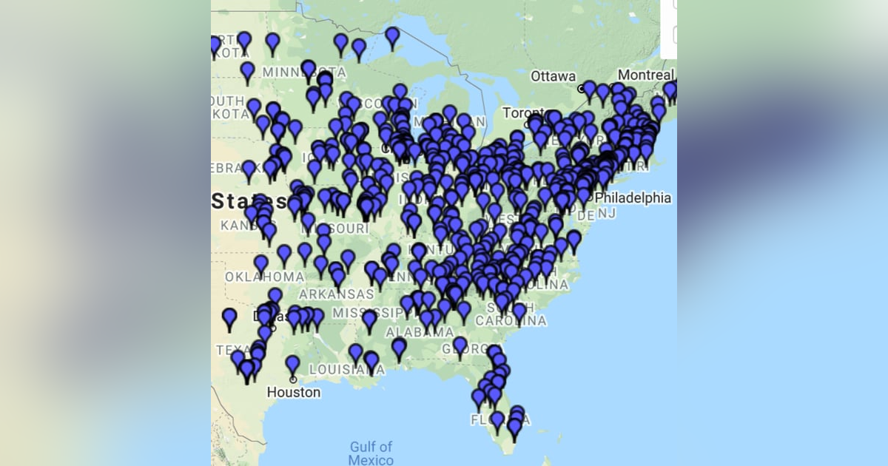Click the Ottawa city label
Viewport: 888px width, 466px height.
(x=553, y=76)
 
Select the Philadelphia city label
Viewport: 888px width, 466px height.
(x=633, y=198)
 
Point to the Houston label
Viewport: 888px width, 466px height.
(x=294, y=392)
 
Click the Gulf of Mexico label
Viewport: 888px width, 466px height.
(x=371, y=453)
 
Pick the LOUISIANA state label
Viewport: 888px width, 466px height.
(x=338, y=368)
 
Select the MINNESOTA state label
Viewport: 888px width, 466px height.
(x=303, y=72)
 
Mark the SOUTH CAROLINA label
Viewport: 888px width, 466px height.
(x=511, y=314)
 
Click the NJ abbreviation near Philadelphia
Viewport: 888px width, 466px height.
(x=607, y=214)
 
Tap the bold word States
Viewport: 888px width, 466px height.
(x=250, y=201)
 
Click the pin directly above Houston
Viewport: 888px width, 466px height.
(x=293, y=364)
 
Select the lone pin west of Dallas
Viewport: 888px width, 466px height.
(x=229, y=318)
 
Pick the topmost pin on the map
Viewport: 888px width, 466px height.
(x=392, y=35)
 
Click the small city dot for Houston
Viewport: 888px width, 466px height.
(x=293, y=379)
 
